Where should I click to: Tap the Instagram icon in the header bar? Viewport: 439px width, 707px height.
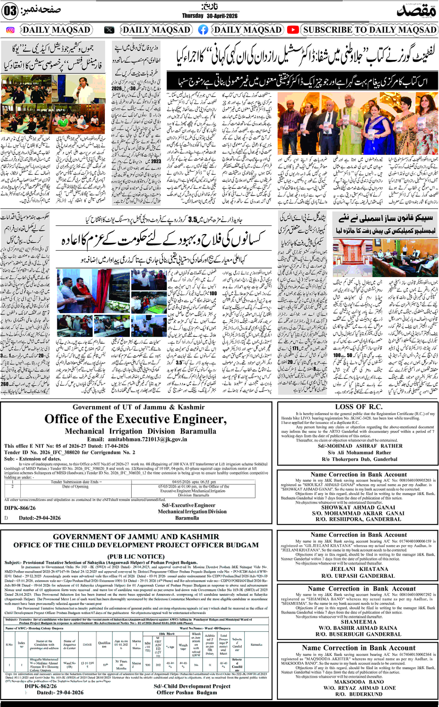pyautogui.click(x=10, y=30)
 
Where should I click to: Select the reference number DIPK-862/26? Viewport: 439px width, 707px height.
pyautogui.click(x=41, y=686)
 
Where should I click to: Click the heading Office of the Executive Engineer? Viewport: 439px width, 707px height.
pyautogui.click(x=136, y=419)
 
